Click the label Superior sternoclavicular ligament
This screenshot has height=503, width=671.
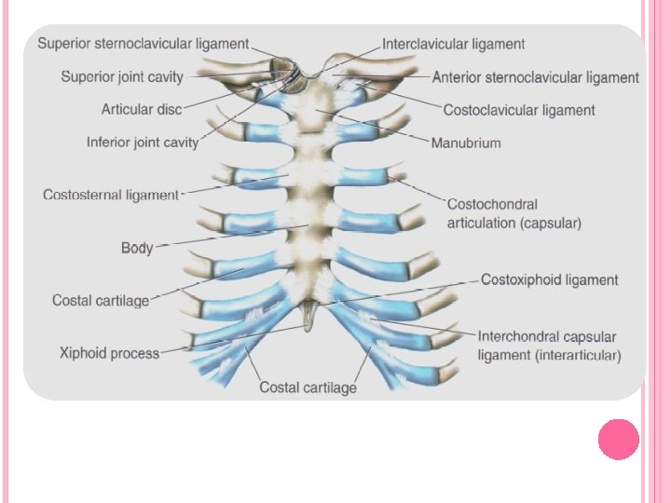[x=143, y=44]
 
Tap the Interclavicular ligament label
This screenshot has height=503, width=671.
[x=453, y=44]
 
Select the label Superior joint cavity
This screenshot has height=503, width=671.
[x=122, y=76]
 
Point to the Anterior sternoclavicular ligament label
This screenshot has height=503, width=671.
[x=535, y=77]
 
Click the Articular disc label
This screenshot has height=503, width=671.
[x=141, y=110]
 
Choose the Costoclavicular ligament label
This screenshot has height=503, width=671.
[x=518, y=110]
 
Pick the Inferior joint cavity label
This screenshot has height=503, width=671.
[x=143, y=143]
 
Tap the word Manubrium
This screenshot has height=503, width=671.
[x=466, y=143]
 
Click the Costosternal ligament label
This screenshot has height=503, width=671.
[x=110, y=195]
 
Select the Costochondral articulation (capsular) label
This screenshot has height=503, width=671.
[x=514, y=213]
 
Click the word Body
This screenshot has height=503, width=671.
[x=137, y=248]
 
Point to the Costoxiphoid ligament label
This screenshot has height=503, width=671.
[x=549, y=279]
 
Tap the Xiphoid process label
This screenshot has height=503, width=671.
[x=109, y=353]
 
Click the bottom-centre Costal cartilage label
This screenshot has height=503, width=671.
[x=308, y=387]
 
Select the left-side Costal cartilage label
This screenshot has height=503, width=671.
[x=100, y=300]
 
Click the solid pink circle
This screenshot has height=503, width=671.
[x=618, y=440]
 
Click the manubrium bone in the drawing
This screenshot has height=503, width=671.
[x=322, y=116]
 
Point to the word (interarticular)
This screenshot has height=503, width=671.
[x=578, y=355]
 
